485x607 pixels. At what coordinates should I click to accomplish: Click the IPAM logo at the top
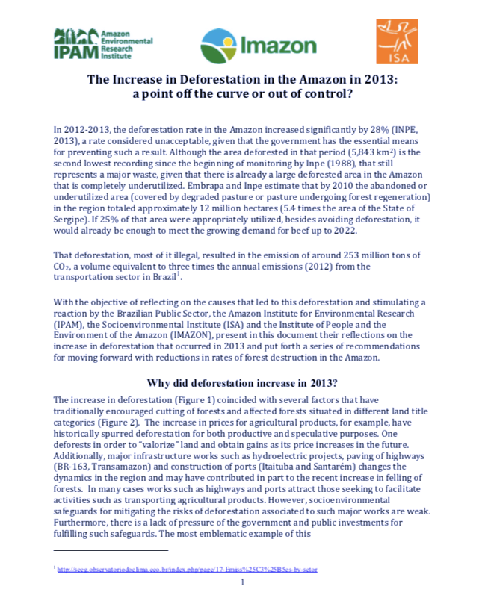pos(102,43)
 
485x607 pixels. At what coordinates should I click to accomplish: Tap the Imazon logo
pos(258,45)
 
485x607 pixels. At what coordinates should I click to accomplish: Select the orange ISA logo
pos(397,43)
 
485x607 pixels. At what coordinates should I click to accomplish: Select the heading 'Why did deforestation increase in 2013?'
pos(241,384)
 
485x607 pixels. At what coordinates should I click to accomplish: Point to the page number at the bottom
pos(243,583)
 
